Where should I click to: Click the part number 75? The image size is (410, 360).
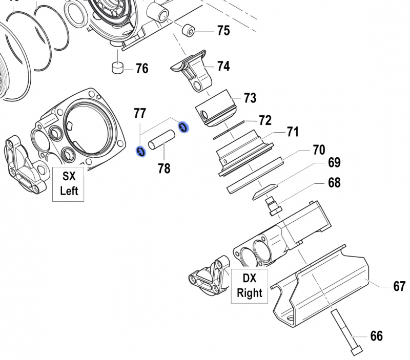click(223, 31)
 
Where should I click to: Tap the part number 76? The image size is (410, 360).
click(142, 68)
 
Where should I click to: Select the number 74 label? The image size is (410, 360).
click(223, 67)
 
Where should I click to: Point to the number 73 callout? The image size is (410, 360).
click(250, 97)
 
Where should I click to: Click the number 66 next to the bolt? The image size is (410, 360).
click(376, 336)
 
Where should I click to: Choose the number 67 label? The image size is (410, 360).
click(399, 286)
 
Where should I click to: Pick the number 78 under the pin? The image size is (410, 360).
click(164, 168)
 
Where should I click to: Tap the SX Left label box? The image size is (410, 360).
click(69, 183)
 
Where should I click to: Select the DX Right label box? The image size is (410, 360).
click(249, 286)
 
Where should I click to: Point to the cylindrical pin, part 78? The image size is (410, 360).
click(162, 140)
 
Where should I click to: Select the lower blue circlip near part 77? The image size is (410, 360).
click(139, 151)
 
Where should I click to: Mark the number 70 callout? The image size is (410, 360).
click(318, 150)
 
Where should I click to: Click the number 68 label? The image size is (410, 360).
click(334, 183)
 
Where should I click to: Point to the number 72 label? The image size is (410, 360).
click(264, 120)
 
